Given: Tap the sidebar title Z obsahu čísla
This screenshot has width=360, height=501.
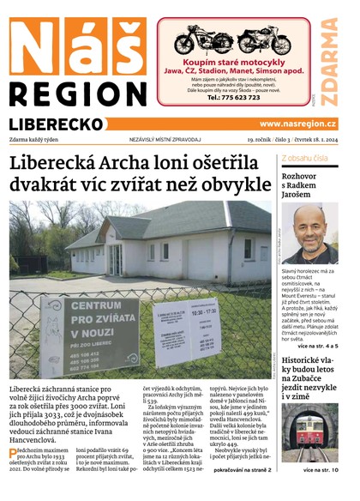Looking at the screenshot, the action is tap(304, 159).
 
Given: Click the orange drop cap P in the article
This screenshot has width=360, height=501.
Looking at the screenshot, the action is tap(13, 454).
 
